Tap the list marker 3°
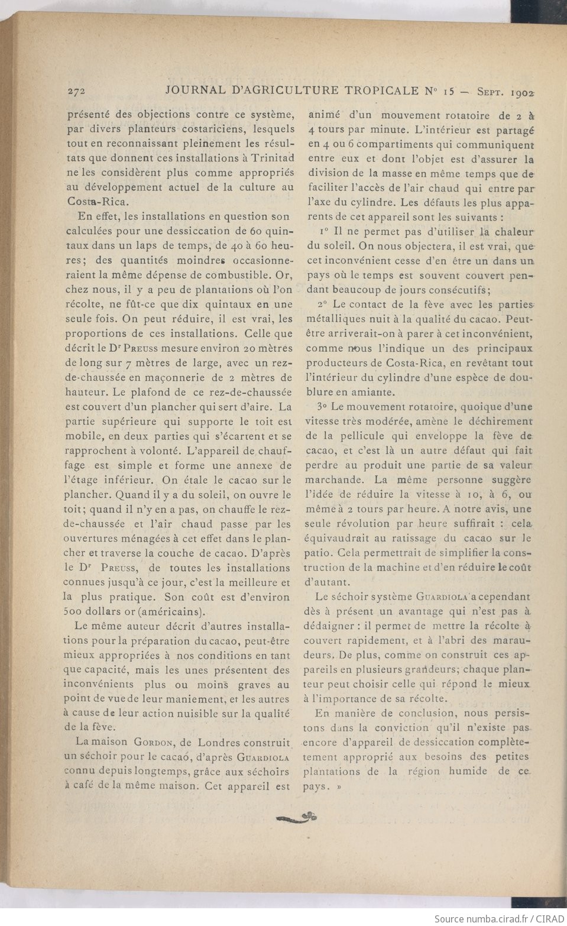click(x=322, y=406)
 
